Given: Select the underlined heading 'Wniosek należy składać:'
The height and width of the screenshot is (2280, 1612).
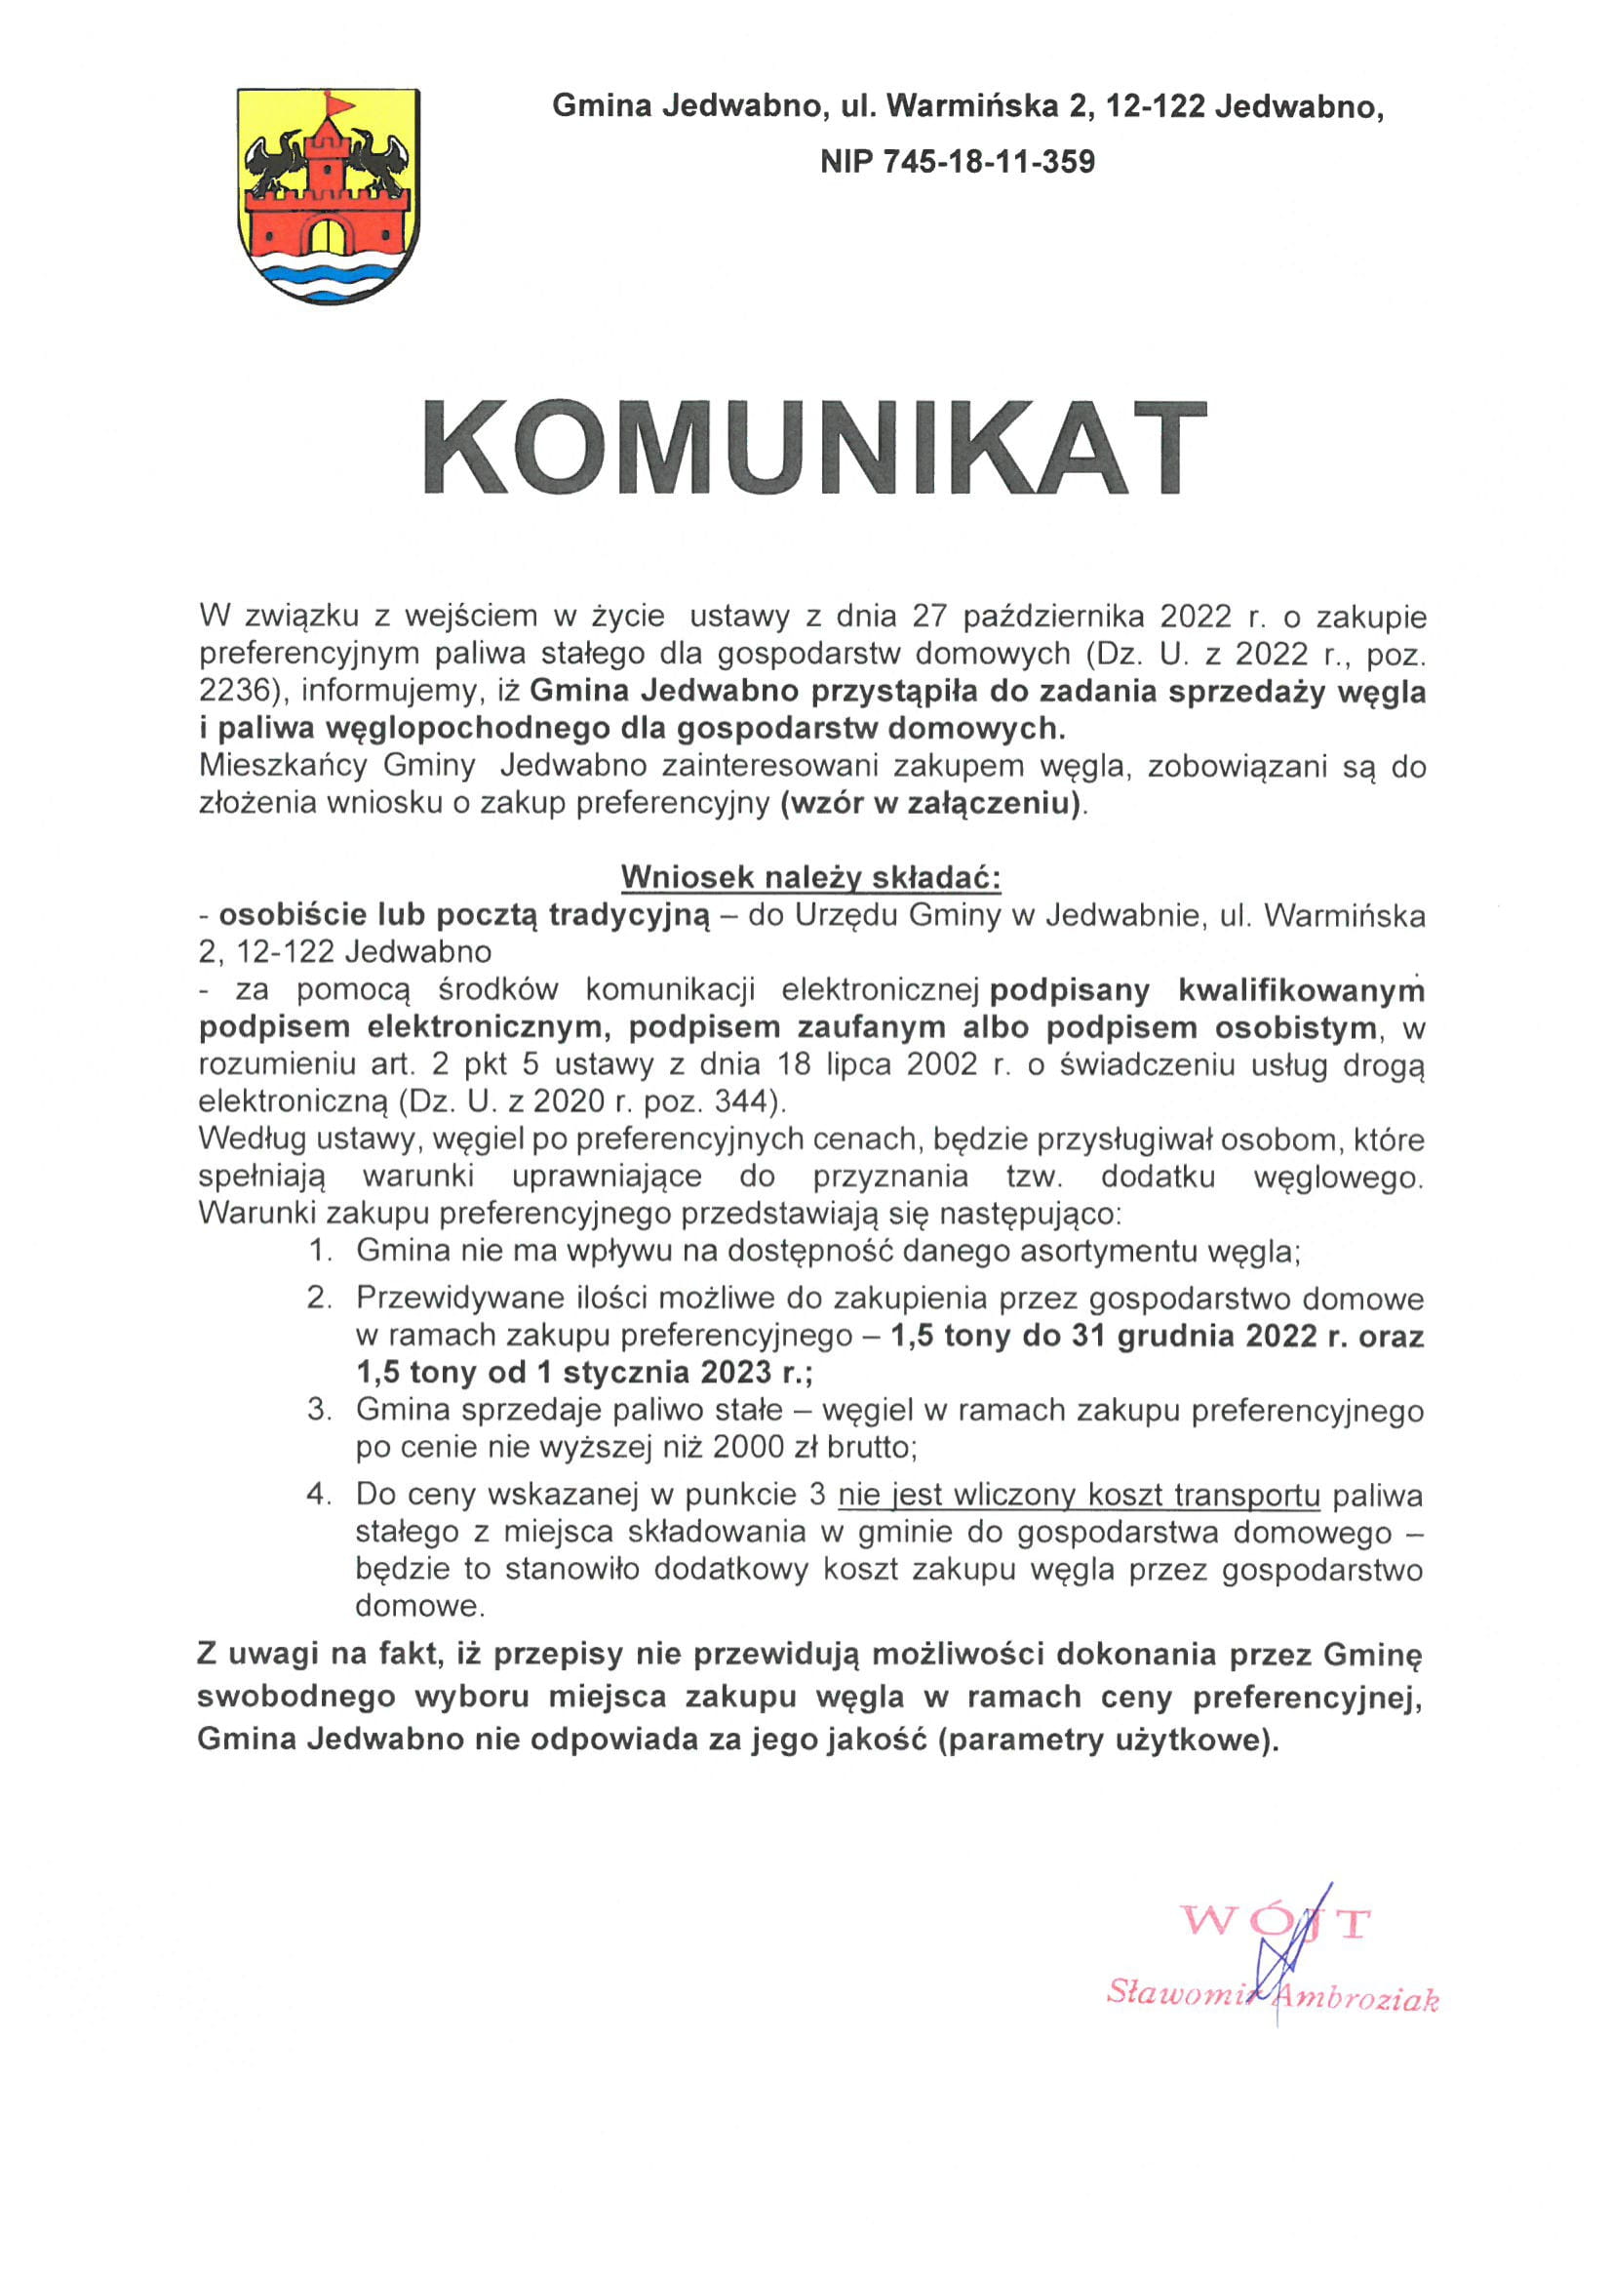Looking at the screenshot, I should [x=811, y=878].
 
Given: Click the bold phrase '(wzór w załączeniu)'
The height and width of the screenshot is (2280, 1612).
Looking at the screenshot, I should [x=931, y=803].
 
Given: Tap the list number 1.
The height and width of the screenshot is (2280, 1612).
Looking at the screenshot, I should [x=319, y=1251].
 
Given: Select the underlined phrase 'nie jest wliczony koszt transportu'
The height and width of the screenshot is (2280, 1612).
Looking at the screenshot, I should [x=1079, y=1495].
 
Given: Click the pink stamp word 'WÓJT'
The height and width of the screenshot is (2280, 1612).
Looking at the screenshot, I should [x=1276, y=1950].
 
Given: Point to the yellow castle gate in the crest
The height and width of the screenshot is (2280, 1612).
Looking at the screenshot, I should [x=329, y=235].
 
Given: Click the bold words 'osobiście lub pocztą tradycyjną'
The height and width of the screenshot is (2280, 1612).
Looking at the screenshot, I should [x=463, y=914].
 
